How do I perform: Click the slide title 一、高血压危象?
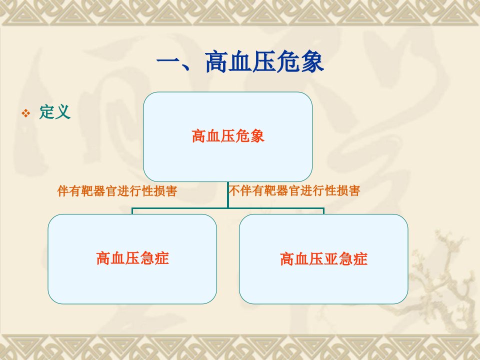point(240,62)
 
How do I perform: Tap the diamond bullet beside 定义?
point(26,113)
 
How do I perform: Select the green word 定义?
point(55,111)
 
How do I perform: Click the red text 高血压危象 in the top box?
point(228,136)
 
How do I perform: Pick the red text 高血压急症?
point(132,258)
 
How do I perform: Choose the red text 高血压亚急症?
point(323,258)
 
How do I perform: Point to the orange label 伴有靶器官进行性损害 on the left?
point(117,191)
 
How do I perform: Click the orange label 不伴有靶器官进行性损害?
point(294,190)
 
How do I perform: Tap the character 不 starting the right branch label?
point(234,190)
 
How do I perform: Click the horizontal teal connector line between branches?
point(228,208)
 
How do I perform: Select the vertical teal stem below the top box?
point(228,195)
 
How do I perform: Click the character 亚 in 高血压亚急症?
point(331,258)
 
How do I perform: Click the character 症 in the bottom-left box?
point(161,258)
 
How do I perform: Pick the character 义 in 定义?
point(63,111)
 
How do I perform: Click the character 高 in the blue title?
point(216,62)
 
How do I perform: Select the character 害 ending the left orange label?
point(171,191)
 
